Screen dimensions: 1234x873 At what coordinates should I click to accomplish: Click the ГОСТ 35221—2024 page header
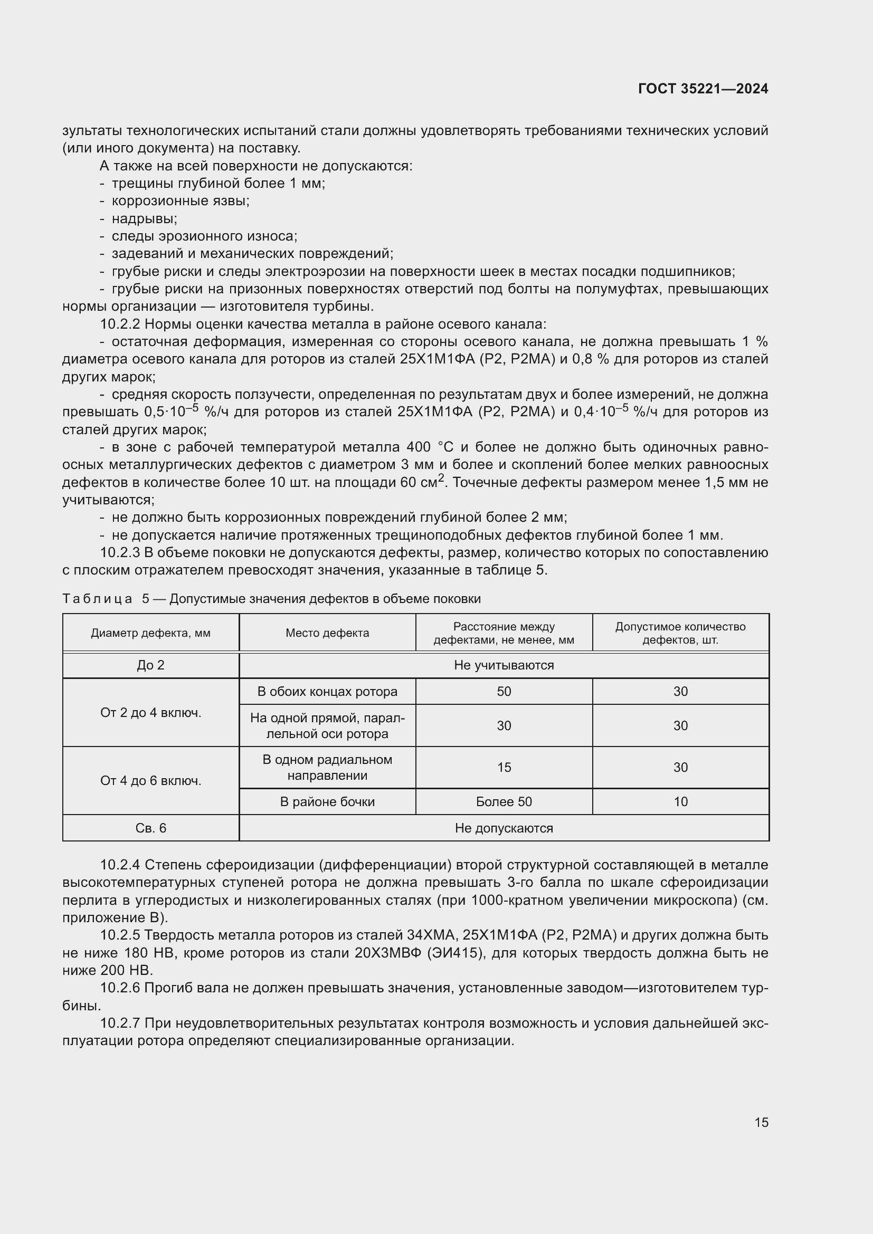pos(703,89)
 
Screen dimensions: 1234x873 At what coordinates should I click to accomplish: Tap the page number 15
pos(761,1122)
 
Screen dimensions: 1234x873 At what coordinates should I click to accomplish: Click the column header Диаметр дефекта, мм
pos(150,633)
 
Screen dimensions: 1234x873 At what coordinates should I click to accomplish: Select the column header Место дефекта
pos(327,633)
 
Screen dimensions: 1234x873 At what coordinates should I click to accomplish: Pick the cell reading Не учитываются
pos(504,665)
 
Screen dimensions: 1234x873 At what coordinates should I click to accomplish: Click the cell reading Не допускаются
pos(504,828)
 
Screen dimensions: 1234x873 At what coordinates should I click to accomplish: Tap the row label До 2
pos(150,665)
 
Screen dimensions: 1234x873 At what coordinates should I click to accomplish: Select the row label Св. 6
pos(150,828)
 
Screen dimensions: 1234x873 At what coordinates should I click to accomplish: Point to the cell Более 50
pos(504,801)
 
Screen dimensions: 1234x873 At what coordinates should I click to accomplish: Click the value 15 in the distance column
pos(504,767)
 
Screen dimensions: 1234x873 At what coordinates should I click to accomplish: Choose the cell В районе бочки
pos(327,801)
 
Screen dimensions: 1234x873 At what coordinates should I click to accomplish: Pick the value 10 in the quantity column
pos(680,801)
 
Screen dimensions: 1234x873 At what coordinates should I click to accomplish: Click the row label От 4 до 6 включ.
pos(150,780)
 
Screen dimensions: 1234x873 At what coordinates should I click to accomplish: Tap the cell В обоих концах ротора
pos(327,691)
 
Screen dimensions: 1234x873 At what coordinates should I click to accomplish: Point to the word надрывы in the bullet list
pos(144,219)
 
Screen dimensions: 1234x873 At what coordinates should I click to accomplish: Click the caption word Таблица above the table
pos(97,599)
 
